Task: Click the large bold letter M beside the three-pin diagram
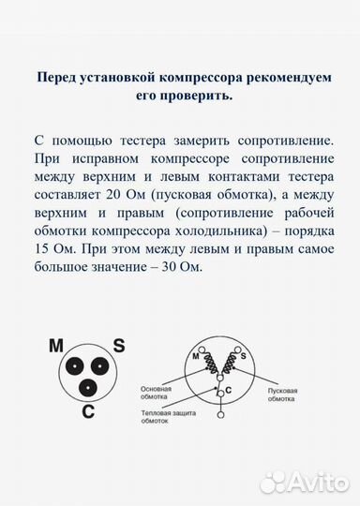coord(56,347)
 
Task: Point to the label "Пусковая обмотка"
coord(281,394)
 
